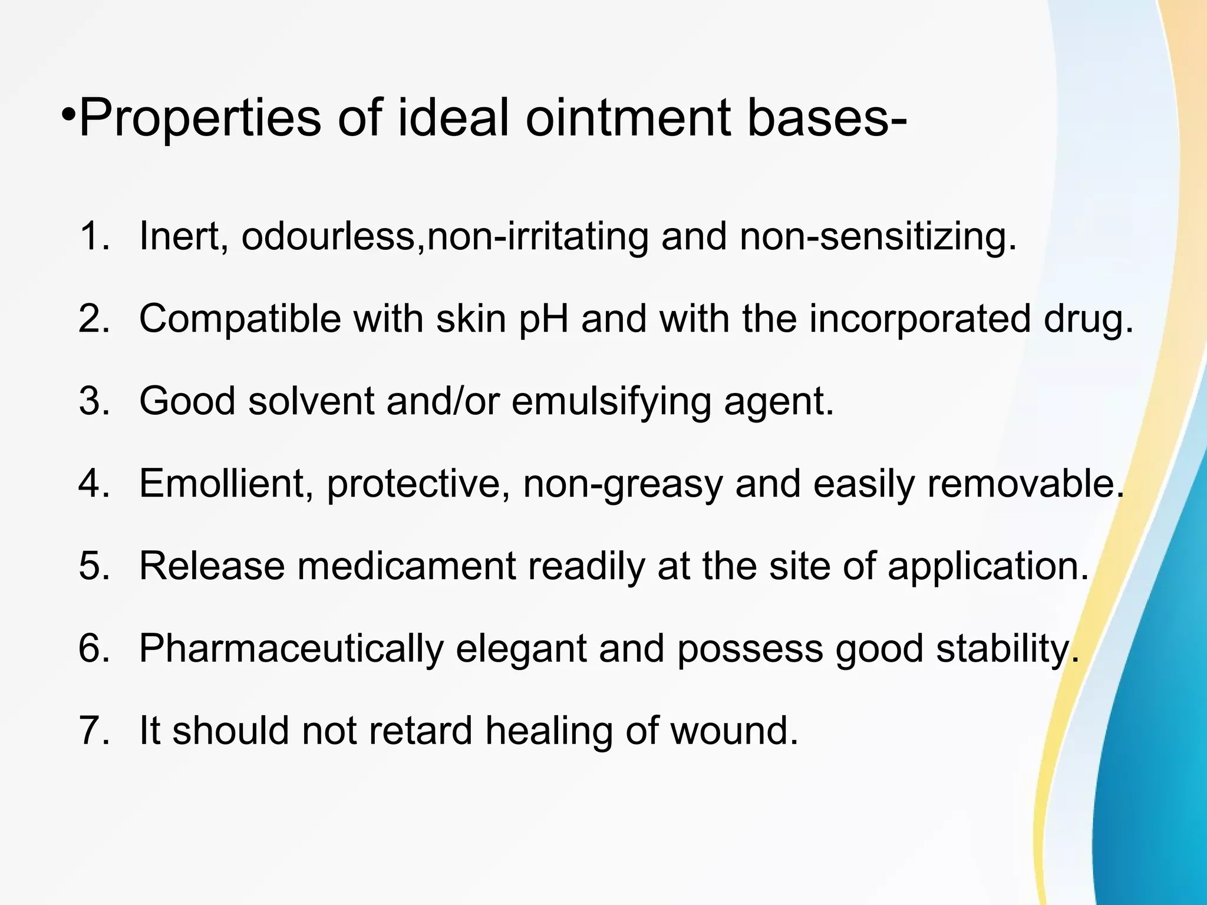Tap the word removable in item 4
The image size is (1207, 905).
coord(1026,483)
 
